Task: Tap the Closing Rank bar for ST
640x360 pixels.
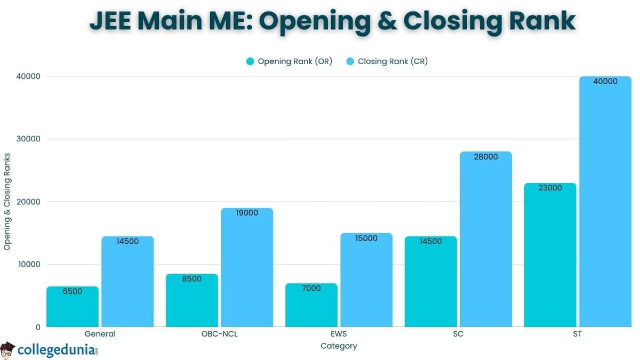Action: pos(605,203)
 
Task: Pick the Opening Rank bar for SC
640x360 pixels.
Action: pos(431,283)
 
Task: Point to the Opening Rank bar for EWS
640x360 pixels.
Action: pos(311,307)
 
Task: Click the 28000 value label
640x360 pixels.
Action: pos(486,157)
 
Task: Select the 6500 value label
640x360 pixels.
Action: pos(73,291)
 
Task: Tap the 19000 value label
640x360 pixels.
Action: pos(247,213)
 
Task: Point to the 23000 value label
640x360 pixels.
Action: pos(550,188)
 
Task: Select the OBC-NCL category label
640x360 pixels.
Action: pos(220,334)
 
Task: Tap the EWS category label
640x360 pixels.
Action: pos(339,334)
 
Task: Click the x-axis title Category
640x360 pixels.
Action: pos(339,346)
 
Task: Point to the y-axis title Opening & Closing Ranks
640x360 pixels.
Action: pos(7,201)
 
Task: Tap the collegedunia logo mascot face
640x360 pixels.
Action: pos(7,351)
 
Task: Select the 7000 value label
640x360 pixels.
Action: pos(311,288)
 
